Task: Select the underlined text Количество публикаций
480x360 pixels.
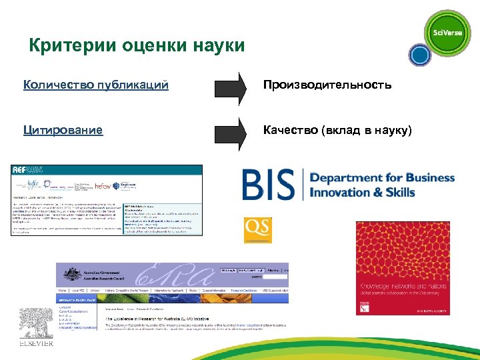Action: [95, 85]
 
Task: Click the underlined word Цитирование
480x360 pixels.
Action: [63, 130]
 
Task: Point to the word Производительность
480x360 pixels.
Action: [327, 85]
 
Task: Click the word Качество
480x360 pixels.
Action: [290, 130]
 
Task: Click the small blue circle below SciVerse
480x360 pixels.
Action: [419, 55]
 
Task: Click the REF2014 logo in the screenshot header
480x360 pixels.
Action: [27, 171]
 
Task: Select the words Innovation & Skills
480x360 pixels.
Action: [363, 193]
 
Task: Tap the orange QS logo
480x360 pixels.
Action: [257, 229]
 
